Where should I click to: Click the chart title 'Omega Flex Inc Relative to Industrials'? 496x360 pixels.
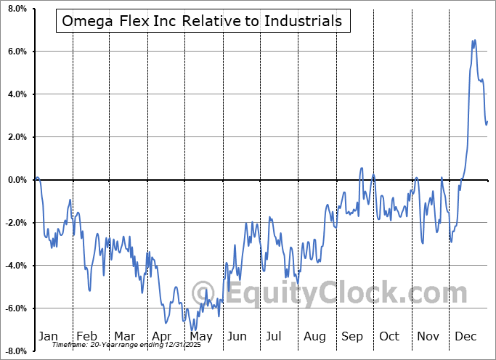click(x=202, y=21)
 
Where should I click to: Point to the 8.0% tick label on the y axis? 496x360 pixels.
click(x=16, y=9)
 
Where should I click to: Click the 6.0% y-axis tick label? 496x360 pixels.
click(x=16, y=52)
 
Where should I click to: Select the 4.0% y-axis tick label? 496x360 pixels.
click(x=16, y=94)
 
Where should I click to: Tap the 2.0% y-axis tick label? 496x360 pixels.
click(x=16, y=137)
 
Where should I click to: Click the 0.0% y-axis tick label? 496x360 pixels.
click(x=16, y=180)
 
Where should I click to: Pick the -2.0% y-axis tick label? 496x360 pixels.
click(x=15, y=223)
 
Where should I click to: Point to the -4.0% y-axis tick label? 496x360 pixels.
click(x=15, y=266)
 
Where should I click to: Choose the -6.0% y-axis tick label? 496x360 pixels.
click(x=15, y=308)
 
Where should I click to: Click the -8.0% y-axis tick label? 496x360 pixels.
click(x=15, y=351)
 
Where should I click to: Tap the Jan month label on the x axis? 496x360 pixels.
click(x=47, y=337)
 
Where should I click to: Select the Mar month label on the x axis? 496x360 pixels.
click(x=124, y=337)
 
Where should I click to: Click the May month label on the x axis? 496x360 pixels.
click(x=200, y=337)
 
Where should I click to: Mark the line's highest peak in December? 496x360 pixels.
click(x=473, y=41)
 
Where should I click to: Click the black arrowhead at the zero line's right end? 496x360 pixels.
click(x=489, y=179)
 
